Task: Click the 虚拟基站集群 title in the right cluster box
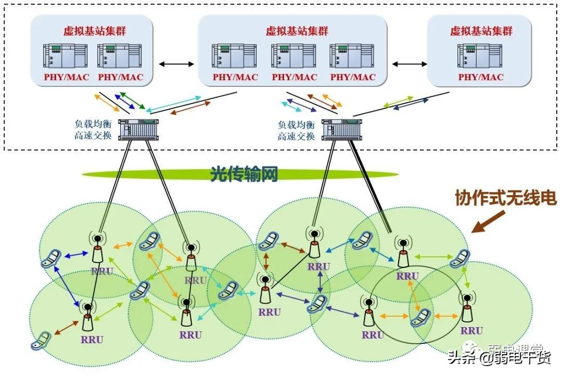click(481, 31)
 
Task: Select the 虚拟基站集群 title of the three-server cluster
click(297, 31)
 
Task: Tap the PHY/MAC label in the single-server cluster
click(481, 77)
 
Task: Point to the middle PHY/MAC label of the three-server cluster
click(294, 77)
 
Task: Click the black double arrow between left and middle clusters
click(176, 64)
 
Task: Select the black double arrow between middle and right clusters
click(408, 64)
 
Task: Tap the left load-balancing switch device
click(137, 129)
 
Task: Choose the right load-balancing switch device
click(341, 129)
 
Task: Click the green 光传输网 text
click(244, 174)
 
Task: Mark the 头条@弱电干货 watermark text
click(500, 358)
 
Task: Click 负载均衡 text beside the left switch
click(93, 125)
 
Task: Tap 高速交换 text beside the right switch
click(296, 136)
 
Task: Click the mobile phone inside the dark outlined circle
click(421, 317)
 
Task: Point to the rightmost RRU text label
click(471, 331)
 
